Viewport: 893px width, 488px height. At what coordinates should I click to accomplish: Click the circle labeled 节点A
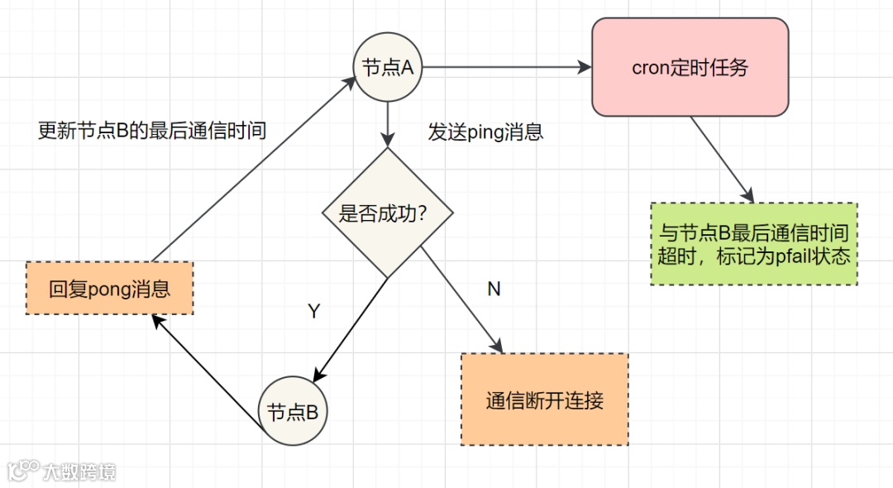(387, 68)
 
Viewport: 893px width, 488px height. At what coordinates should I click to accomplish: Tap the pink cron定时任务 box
(690, 67)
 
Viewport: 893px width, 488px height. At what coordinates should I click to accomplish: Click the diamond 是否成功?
(387, 213)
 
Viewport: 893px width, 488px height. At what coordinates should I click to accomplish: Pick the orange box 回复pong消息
(109, 289)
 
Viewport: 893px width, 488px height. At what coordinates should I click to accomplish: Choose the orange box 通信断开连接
(544, 400)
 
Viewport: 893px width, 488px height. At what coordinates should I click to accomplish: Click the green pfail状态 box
(754, 244)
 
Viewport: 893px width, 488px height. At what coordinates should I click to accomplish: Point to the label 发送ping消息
(485, 132)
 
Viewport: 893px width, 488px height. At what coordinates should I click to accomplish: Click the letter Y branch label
(313, 311)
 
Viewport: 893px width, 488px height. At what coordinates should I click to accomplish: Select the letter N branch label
(494, 289)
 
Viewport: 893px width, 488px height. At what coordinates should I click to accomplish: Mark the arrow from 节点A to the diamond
(387, 124)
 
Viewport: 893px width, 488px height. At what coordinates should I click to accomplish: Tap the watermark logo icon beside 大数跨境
(23, 471)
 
